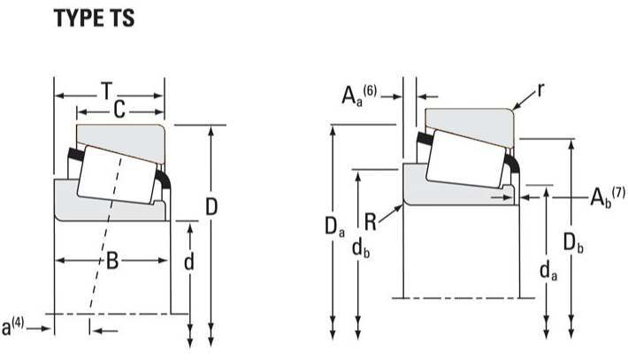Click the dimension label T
point(107,90)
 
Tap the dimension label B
point(112,260)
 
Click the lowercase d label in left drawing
point(188,263)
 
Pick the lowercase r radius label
point(540,90)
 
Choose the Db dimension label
point(573,241)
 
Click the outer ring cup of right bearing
point(469,120)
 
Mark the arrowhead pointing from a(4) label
point(49,328)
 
